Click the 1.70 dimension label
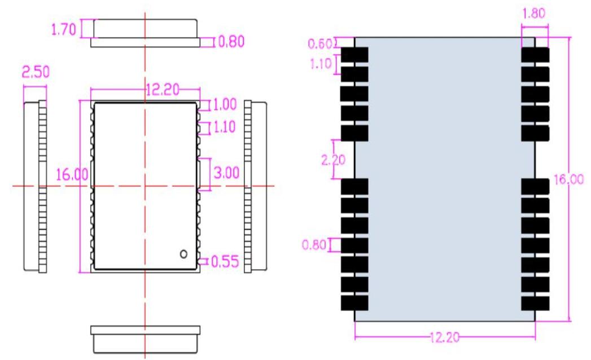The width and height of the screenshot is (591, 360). (63, 30)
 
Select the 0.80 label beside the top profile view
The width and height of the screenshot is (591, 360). (231, 42)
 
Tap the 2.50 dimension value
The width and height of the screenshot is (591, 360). (34, 72)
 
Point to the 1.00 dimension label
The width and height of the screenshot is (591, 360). (225, 104)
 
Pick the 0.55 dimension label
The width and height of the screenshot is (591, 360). (225, 261)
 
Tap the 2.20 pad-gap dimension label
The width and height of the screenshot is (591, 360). (333, 160)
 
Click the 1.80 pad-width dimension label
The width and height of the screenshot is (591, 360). (533, 14)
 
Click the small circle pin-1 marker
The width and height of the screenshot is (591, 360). (183, 254)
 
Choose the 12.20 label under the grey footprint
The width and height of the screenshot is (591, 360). (444, 338)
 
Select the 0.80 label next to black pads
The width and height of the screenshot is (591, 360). (314, 245)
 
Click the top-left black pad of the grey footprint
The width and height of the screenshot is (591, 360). (354, 55)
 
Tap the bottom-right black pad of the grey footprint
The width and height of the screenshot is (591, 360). (535, 303)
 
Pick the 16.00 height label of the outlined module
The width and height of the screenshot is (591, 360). (72, 174)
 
